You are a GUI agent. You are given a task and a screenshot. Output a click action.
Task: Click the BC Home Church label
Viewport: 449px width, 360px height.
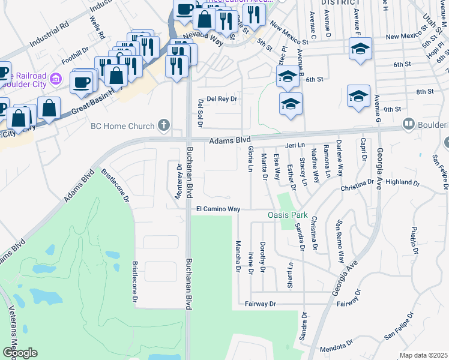point(122,126)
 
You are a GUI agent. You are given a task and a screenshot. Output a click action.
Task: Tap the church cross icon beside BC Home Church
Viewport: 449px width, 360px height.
point(163,126)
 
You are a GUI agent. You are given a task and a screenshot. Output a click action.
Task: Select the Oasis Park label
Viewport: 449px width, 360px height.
point(287,215)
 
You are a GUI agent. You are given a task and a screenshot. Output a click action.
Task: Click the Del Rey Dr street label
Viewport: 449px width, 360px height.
point(222,98)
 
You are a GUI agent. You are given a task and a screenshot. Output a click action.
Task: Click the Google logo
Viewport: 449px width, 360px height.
point(19,353)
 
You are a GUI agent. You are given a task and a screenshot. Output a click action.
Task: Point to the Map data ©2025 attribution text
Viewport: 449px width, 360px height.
point(423,355)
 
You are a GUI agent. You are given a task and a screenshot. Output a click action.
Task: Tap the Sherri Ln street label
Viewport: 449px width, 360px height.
point(290,273)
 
